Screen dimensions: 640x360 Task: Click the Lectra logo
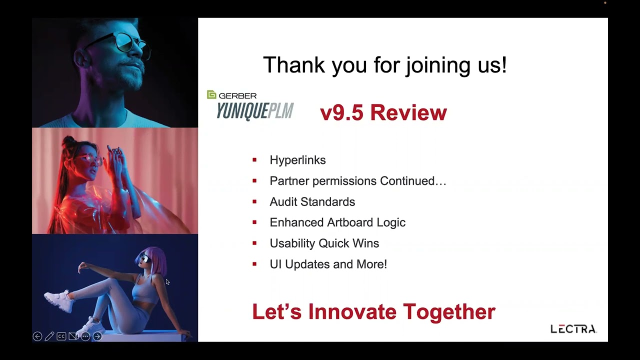point(573,329)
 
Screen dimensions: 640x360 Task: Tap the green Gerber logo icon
point(211,94)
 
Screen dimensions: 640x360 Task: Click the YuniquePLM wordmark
point(255,111)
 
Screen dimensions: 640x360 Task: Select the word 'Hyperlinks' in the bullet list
point(297,160)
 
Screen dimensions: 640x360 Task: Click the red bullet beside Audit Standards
point(254,201)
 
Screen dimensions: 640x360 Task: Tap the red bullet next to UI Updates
point(254,264)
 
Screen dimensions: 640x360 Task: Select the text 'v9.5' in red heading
point(341,112)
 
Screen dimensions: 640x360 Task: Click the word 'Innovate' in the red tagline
point(352,311)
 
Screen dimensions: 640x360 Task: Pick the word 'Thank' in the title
point(294,65)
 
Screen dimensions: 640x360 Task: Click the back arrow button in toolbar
point(37,336)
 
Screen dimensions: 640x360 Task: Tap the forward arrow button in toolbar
point(97,336)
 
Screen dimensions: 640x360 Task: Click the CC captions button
point(61,336)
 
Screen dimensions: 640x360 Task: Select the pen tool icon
point(49,336)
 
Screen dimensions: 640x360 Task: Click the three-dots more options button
point(85,336)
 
